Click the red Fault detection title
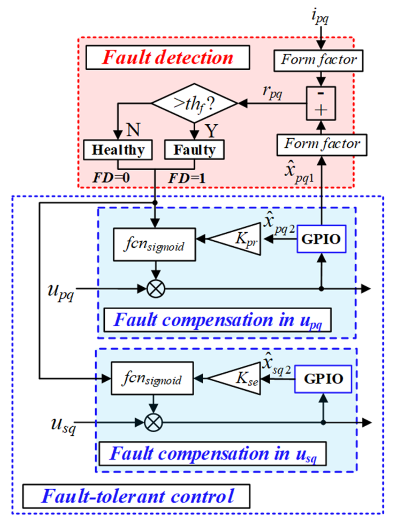coord(168,57)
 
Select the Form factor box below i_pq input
coord(318,60)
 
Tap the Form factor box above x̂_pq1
coord(322,145)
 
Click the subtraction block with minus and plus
coord(321,103)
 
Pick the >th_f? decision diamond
coord(194,103)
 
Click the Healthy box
coord(118,150)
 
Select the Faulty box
coord(194,150)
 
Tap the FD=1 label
coord(187,178)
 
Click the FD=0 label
coord(111,178)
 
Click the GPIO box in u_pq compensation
coord(321,239)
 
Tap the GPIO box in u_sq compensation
coord(323,379)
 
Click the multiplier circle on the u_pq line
coord(156,289)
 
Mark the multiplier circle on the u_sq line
coord(153,422)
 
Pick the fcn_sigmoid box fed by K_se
coord(152,378)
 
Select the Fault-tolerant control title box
coord(136,496)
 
